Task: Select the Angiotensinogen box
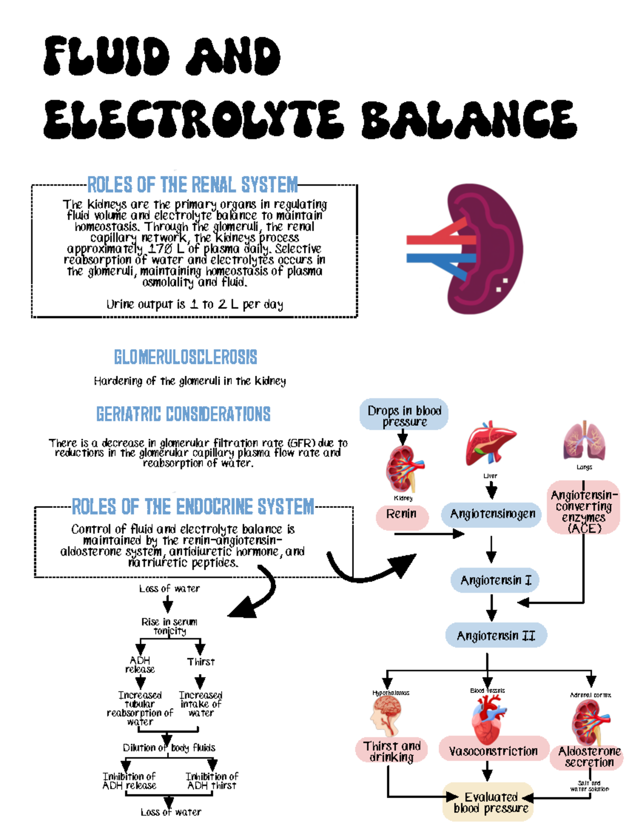492,515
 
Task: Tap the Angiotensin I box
495,581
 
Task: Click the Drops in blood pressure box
404,416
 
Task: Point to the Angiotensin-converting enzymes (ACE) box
584,512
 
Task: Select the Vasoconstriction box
493,751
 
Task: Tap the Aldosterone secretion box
589,757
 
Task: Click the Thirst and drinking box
392,751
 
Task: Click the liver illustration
490,443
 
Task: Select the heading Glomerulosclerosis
186,357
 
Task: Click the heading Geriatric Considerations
183,414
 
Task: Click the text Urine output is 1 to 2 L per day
194,305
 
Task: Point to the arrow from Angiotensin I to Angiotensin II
491,607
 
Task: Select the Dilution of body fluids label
169,748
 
